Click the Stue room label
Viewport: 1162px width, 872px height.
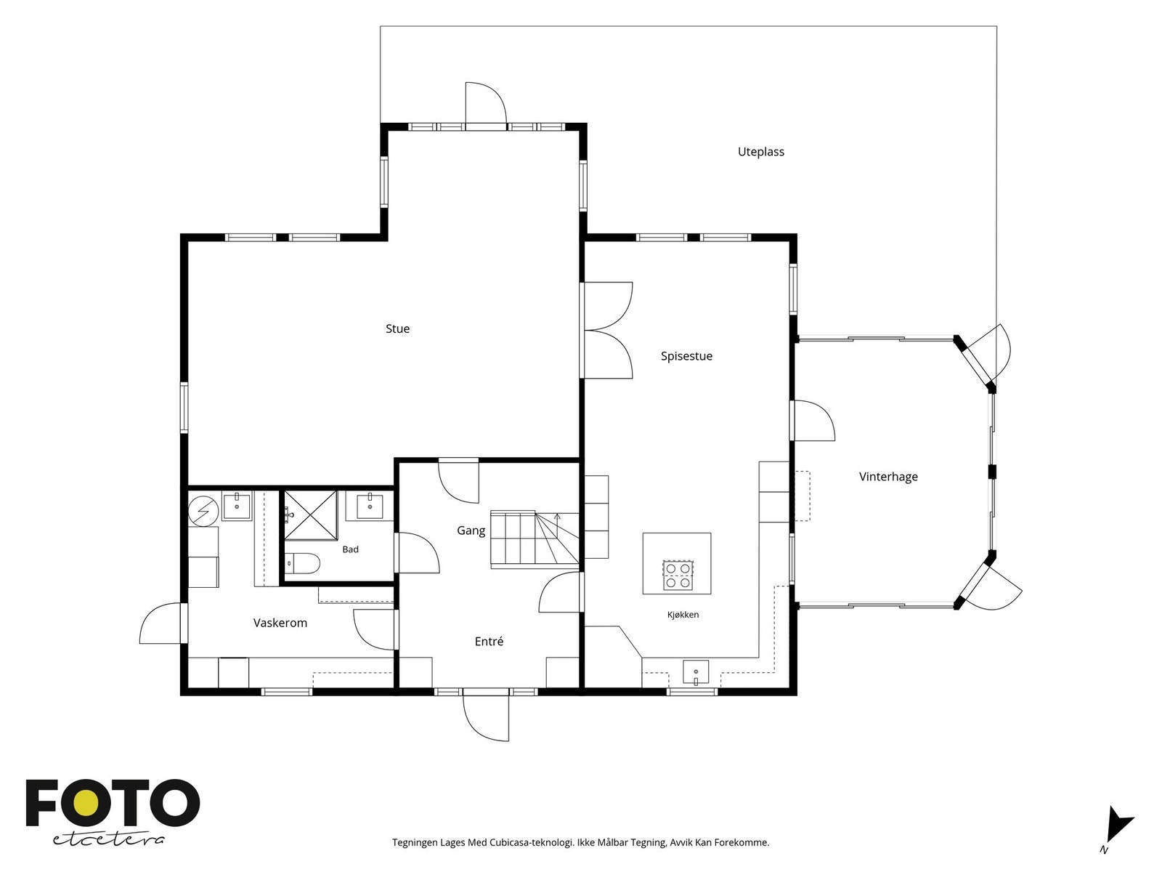pos(397,328)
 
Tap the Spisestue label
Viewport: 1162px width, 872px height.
pos(686,356)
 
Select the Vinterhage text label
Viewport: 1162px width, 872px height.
pos(888,477)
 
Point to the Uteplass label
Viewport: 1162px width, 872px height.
pos(760,152)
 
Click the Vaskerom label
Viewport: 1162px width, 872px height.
pos(280,623)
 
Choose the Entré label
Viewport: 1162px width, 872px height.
pos(489,641)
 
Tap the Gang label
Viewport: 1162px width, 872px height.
pos(471,530)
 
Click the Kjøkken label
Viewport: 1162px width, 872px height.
pos(683,615)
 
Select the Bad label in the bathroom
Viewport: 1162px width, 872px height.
pos(351,549)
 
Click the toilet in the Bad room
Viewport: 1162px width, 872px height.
pos(302,563)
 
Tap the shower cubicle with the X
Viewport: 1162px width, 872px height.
pos(311,516)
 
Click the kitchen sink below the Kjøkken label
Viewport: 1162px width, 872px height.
pos(696,673)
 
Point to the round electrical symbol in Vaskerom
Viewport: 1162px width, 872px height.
pos(204,511)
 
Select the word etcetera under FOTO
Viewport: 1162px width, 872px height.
pos(107,840)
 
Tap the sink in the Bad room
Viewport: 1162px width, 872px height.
pos(370,506)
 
